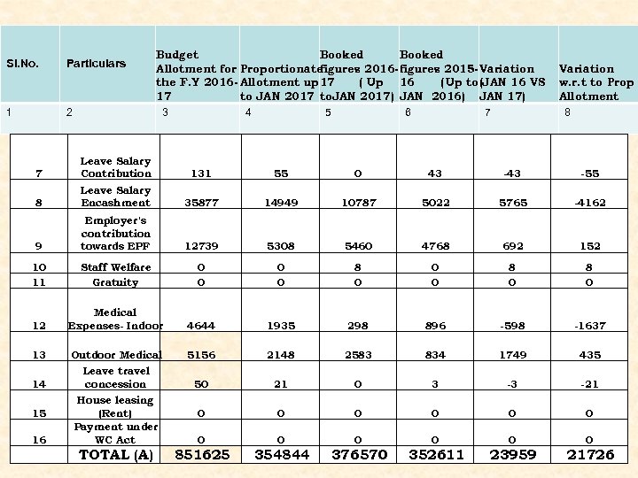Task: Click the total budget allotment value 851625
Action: click(x=203, y=454)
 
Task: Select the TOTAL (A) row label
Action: click(x=116, y=455)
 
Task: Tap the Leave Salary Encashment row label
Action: click(x=115, y=197)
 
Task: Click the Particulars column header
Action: click(x=96, y=63)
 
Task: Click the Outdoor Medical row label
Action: click(x=115, y=355)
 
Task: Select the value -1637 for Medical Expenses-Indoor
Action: click(x=589, y=326)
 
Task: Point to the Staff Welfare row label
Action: click(x=115, y=267)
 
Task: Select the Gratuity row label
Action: click(x=115, y=282)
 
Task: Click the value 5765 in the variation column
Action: click(x=513, y=203)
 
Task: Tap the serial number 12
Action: click(x=38, y=326)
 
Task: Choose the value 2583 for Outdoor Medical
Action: click(x=357, y=355)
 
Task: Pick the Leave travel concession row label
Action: click(x=115, y=378)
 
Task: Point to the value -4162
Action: click(x=589, y=203)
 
